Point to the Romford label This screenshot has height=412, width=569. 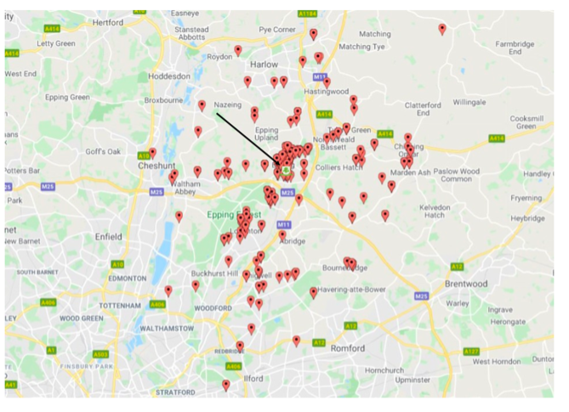[x=347, y=348]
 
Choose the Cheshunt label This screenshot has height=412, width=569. [x=156, y=166]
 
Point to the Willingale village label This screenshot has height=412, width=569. [x=468, y=102]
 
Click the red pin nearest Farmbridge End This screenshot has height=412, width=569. [x=441, y=29]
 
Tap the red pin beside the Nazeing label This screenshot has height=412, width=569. [x=202, y=105]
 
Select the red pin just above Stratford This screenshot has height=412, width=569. [x=225, y=385]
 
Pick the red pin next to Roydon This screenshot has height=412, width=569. [x=238, y=50]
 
